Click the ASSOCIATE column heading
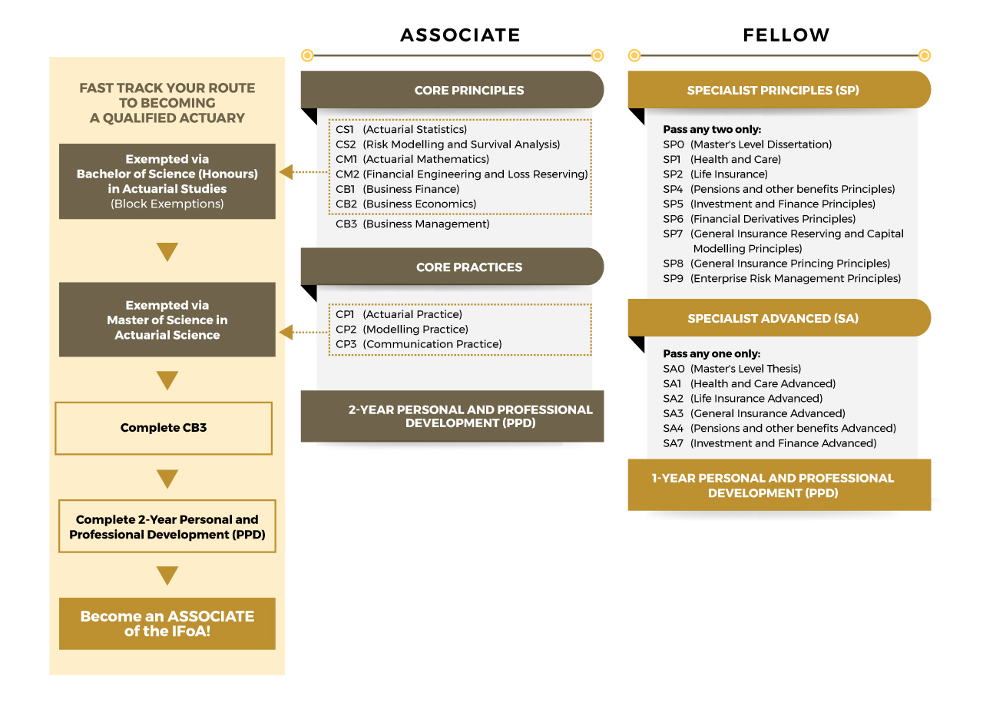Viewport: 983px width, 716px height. tap(460, 35)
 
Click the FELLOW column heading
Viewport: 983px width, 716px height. tap(786, 35)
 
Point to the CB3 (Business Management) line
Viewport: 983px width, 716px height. tap(412, 224)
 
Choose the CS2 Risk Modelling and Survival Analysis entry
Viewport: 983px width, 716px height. tap(448, 144)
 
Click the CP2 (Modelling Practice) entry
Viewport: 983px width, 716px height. tap(402, 330)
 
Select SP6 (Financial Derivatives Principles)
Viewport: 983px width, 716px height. tap(759, 219)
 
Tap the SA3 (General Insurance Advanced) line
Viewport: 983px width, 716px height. tap(753, 413)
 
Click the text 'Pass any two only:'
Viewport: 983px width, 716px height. tap(712, 130)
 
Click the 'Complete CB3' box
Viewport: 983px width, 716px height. tap(164, 428)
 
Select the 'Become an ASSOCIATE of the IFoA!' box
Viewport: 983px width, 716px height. tap(167, 623)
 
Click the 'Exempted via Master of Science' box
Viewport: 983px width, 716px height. tap(167, 320)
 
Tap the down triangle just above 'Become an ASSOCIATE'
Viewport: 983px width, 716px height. tap(167, 575)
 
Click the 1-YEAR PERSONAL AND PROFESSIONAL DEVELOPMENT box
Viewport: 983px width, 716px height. tap(779, 486)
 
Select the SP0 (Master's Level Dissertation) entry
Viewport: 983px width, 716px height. tap(746, 144)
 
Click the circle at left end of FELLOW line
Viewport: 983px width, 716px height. tap(634, 55)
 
